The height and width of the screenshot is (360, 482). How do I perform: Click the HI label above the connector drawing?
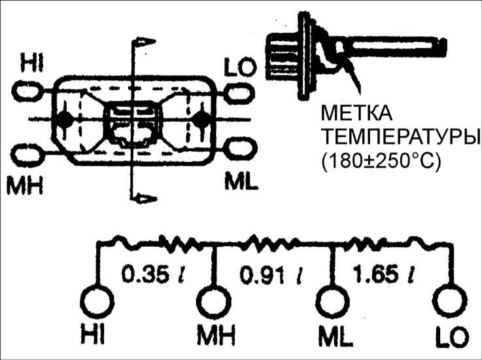tap(32, 63)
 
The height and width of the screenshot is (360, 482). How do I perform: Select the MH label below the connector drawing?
tap(25, 185)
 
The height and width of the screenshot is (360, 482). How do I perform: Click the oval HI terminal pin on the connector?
tap(27, 92)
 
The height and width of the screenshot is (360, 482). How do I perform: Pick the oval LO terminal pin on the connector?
tap(239, 92)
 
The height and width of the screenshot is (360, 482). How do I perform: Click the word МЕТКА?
tap(356, 113)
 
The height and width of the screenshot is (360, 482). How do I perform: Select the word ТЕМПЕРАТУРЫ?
tap(400, 137)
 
